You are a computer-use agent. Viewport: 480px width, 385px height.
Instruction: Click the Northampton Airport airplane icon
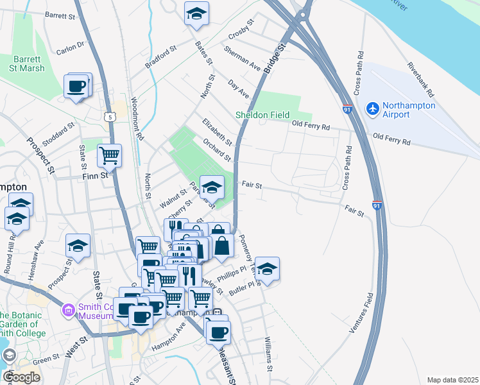[x=372, y=109]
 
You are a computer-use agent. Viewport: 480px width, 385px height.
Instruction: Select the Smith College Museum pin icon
[x=67, y=312]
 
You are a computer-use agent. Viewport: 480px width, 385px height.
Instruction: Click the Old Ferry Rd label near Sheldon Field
[x=311, y=126]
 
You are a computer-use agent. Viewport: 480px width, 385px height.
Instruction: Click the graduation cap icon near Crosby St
[x=196, y=13]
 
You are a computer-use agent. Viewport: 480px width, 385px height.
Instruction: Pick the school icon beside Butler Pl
[x=268, y=268]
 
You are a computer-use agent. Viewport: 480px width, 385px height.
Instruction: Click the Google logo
[x=21, y=377]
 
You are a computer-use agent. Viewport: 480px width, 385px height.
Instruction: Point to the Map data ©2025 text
[x=452, y=380]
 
